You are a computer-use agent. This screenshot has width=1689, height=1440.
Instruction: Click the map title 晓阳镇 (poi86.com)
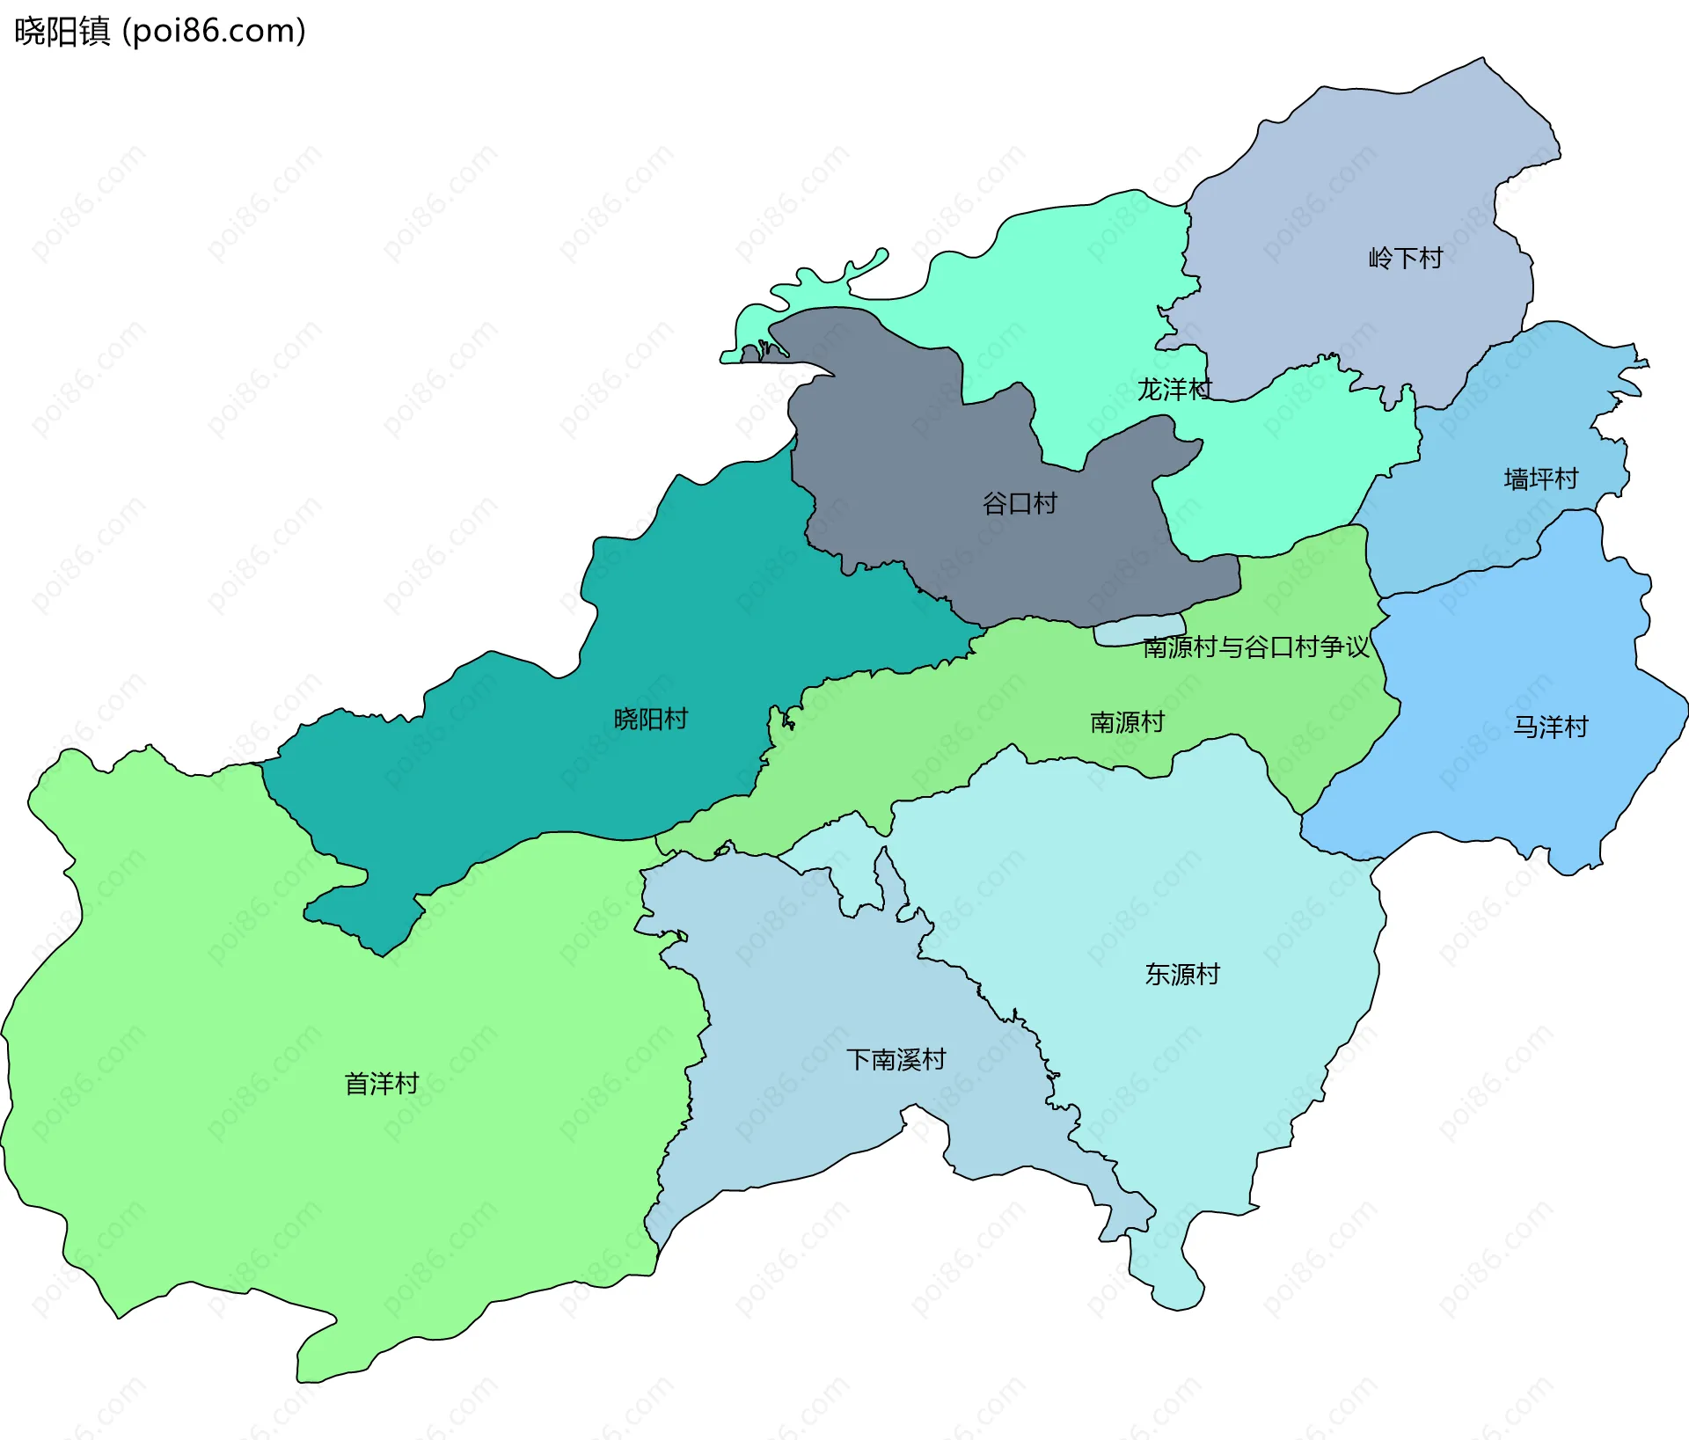[x=159, y=31]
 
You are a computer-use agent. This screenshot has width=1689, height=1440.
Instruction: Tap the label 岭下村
[x=1405, y=258]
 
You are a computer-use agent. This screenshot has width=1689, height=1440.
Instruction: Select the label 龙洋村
[x=1174, y=389]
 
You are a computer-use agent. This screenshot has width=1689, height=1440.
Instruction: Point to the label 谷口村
[x=1019, y=503]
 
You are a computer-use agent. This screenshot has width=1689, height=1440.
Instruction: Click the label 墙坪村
[x=1540, y=479]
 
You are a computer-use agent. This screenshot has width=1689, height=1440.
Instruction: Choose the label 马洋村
[x=1550, y=727]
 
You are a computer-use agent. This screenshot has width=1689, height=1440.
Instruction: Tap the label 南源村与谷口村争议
[x=1255, y=647]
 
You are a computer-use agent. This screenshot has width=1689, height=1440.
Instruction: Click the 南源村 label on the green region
[x=1127, y=722]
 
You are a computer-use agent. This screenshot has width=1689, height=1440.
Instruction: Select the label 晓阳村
[x=650, y=719]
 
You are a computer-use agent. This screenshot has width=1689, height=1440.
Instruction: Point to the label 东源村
[x=1181, y=974]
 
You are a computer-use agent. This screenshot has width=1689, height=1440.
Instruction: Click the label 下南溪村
[x=896, y=1059]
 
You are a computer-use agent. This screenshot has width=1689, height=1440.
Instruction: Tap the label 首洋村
[x=381, y=1083]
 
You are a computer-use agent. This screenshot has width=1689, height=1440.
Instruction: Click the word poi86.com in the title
[x=214, y=31]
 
